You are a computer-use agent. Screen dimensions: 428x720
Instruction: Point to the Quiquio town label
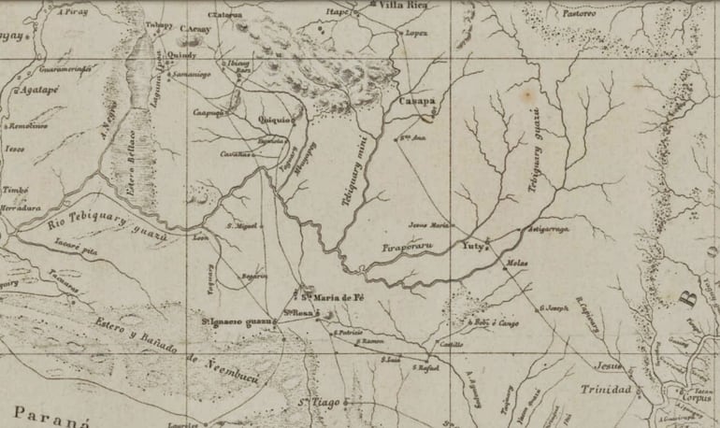pyautogui.click(x=274, y=120)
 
